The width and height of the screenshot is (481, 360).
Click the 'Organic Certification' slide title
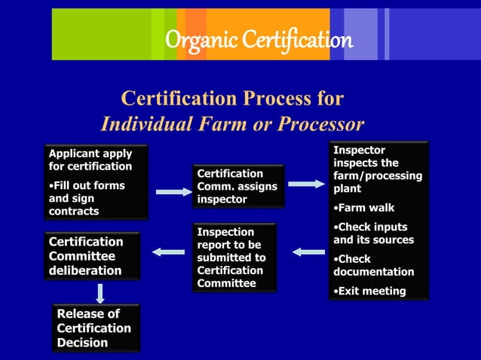tap(259, 39)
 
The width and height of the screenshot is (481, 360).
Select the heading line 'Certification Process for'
tap(232, 99)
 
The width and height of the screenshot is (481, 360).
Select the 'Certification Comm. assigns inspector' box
tap(237, 186)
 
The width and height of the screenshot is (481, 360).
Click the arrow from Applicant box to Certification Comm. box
tap(173, 193)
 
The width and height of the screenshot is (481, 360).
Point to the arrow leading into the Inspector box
tap(307, 184)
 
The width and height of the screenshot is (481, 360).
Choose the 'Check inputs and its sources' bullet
tap(373, 233)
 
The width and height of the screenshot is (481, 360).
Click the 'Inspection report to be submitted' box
tap(234, 257)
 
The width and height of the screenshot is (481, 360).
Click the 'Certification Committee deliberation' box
tap(91, 256)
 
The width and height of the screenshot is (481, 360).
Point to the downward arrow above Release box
tap(100, 292)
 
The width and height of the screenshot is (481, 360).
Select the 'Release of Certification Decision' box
tap(97, 328)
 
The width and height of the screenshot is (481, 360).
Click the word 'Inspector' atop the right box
tap(359, 151)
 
